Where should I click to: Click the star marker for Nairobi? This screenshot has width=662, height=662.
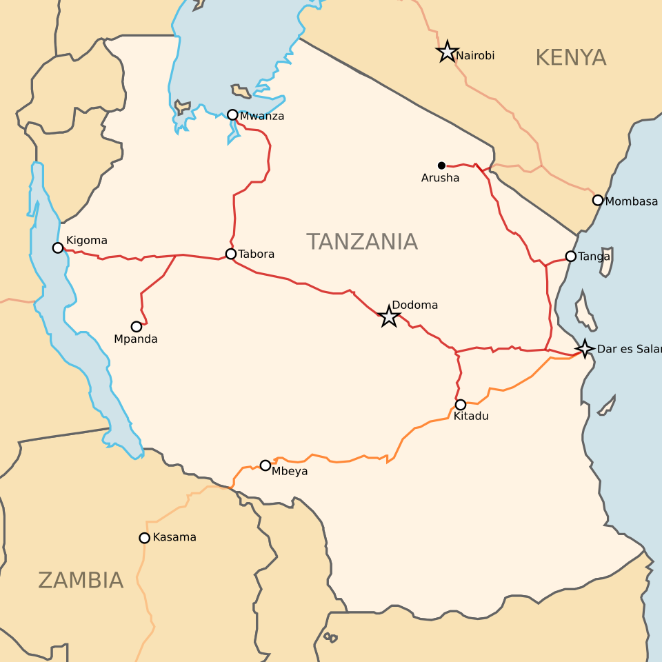[448, 52]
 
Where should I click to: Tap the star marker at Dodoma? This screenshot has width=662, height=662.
[389, 317]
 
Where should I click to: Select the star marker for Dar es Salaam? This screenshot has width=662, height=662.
[585, 348]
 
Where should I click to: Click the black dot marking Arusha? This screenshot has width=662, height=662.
[441, 165]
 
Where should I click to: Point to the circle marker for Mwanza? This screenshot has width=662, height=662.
[232, 114]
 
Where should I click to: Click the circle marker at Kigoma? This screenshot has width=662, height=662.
[58, 248]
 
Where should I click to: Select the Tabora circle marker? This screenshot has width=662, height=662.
[231, 254]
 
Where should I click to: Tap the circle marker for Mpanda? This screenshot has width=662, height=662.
[137, 327]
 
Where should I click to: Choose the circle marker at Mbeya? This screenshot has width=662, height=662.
[265, 465]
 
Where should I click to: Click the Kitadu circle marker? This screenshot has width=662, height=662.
[461, 405]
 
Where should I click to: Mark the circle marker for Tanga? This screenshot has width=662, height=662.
[570, 257]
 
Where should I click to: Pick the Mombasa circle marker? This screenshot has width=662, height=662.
[598, 200]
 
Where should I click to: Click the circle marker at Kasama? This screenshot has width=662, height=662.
[144, 538]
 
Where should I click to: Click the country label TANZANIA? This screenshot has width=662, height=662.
[362, 242]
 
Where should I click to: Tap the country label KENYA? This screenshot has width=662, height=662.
[570, 58]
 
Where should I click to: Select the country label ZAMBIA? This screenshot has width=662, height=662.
[81, 581]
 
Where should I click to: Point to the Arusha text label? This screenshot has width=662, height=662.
[440, 179]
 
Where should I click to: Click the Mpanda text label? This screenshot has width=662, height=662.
[136, 339]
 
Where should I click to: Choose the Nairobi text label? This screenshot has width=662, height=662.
[476, 56]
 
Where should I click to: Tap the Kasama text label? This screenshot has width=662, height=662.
[174, 537]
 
